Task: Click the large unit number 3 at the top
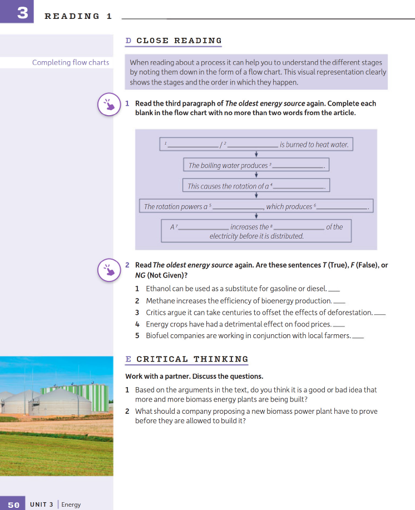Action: [x=22, y=12]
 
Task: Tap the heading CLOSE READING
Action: [x=179, y=41]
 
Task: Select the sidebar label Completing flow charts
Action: [x=71, y=62]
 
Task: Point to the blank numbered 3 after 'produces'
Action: [x=299, y=166]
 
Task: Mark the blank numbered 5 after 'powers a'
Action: [x=238, y=207]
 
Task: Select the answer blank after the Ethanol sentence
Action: [x=334, y=290]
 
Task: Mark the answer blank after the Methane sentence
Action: [x=339, y=301]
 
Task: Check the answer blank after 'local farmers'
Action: [x=358, y=336]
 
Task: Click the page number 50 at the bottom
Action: [x=14, y=504]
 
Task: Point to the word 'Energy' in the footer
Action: [x=71, y=504]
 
